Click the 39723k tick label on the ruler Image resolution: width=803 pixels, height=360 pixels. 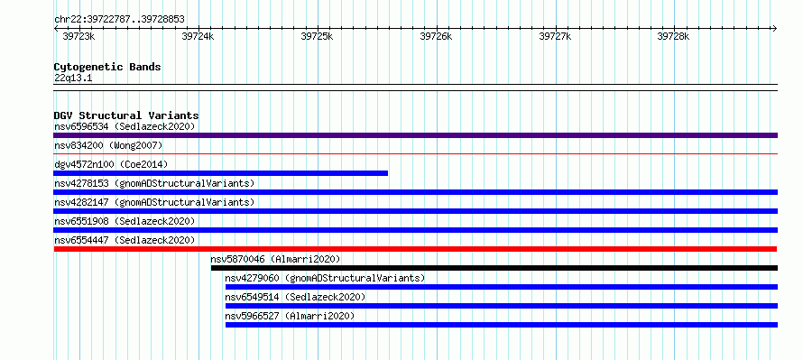pos(78,36)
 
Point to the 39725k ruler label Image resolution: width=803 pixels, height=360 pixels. pos(317,36)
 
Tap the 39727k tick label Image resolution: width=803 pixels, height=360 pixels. pos(555,36)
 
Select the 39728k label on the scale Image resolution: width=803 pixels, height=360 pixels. pos(673,36)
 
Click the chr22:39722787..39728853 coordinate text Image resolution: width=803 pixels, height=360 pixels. pos(119,20)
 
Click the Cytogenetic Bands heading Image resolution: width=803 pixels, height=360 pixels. pos(107,67)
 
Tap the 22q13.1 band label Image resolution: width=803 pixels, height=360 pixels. pos(73,78)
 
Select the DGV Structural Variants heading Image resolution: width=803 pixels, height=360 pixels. pos(126,115)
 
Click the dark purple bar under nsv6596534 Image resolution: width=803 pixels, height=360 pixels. pos(415,135)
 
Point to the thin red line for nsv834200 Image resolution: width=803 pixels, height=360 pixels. pos(415,153)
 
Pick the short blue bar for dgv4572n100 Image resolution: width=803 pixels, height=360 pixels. pos(221,173)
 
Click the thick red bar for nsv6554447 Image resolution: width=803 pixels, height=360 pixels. pos(415,249)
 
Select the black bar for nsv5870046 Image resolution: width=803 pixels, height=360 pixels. pos(494,268)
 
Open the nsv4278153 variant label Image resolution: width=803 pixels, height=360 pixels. pos(154,183)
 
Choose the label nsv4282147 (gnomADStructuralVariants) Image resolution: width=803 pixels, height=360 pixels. pos(154,202)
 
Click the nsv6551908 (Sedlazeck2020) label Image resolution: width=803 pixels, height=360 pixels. pos(125,221)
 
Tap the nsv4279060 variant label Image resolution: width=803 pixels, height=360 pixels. pos(325,278)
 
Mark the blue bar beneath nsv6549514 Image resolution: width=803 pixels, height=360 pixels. pos(502,306)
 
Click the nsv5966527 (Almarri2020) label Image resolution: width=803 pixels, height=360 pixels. pos(290,316)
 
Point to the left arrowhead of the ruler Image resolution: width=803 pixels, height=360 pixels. pos(55,28)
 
